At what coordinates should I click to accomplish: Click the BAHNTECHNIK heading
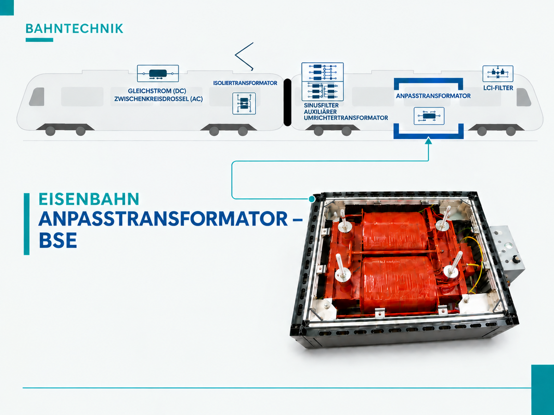click(x=74, y=29)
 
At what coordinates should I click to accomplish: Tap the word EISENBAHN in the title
click(x=89, y=199)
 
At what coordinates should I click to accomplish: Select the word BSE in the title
click(x=58, y=240)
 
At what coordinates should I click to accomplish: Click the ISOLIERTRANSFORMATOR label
click(x=245, y=83)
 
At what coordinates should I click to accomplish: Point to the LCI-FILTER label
click(x=498, y=88)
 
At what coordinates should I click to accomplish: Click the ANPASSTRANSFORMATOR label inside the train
click(x=433, y=96)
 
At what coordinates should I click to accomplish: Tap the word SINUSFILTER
click(x=321, y=105)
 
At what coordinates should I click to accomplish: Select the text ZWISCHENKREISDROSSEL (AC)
click(x=158, y=99)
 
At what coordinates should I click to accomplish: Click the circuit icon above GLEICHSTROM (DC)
click(x=158, y=73)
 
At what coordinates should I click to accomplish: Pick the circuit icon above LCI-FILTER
click(x=498, y=74)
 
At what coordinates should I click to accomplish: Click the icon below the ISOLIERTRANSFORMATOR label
click(x=244, y=104)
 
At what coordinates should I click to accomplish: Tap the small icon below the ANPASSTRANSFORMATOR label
click(x=429, y=116)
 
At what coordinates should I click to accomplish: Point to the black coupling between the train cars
click(x=288, y=102)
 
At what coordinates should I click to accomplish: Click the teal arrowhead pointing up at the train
click(x=428, y=141)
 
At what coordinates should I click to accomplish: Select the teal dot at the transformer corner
click(x=312, y=199)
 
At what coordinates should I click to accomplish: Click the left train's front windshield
click(x=37, y=96)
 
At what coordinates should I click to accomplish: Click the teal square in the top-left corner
click(x=7, y=7)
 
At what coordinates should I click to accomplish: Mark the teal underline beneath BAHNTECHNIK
click(x=39, y=40)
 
